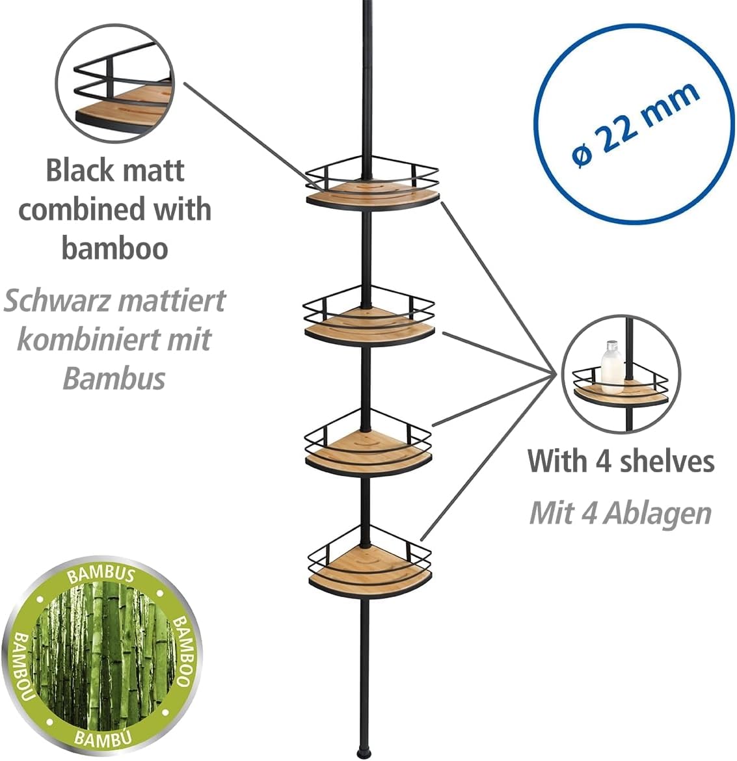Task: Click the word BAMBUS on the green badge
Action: coord(101,574)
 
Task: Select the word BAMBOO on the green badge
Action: coord(183,651)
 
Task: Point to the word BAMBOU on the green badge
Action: coord(22,666)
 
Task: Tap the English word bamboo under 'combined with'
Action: coord(114,248)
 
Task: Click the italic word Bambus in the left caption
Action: coord(114,379)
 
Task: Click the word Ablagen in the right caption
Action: coord(658,514)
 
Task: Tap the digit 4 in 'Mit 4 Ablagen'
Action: coord(589,513)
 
